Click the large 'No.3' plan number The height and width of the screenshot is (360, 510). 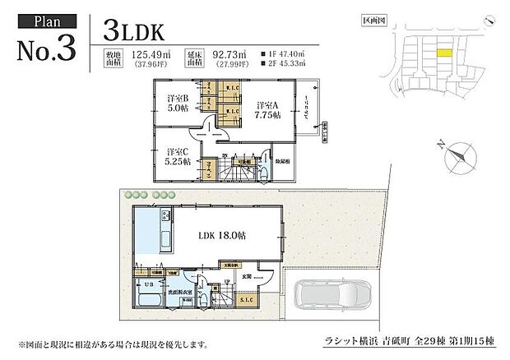(x=46, y=47)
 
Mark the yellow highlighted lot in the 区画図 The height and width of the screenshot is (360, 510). (x=443, y=53)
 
